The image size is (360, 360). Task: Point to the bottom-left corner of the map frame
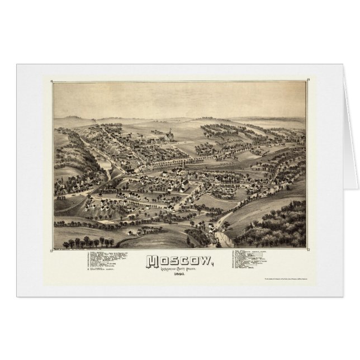[x=51, y=249]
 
